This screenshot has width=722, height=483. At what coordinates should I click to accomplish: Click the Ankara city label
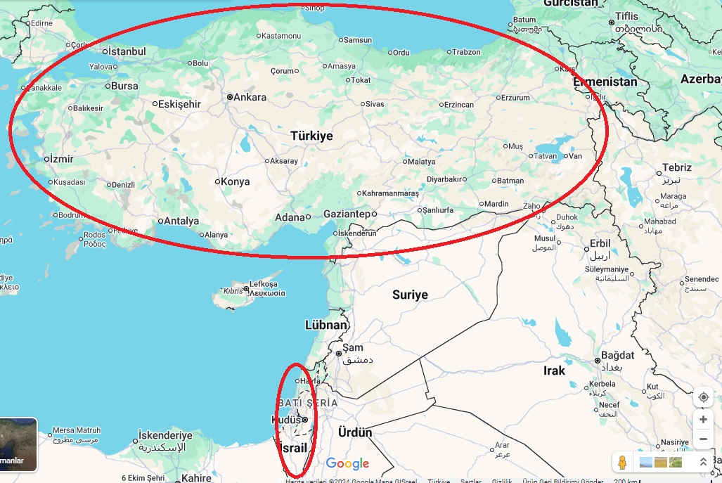[x=250, y=97]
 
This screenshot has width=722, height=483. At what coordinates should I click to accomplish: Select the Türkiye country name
[x=311, y=136]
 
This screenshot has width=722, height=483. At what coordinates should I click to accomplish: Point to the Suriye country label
[x=410, y=295]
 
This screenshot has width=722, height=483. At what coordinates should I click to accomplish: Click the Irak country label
[x=554, y=371]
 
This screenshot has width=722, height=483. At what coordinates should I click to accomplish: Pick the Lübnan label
[x=326, y=325]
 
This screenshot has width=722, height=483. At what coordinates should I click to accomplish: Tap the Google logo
[x=347, y=463]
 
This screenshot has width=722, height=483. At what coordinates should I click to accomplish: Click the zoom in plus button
[x=703, y=420]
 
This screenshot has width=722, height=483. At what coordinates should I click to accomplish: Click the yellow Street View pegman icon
[x=621, y=462]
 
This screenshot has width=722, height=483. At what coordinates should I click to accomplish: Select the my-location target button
[x=703, y=397]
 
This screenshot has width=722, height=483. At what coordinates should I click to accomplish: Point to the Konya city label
[x=235, y=181]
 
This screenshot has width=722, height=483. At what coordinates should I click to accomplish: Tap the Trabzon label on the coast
[x=465, y=52]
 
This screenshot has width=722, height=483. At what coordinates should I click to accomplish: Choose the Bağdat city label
[x=617, y=355]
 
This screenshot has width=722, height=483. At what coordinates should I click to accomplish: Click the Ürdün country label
[x=355, y=432]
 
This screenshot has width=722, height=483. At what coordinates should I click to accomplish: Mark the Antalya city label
[x=181, y=221]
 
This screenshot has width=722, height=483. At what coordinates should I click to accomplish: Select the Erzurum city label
[x=515, y=98]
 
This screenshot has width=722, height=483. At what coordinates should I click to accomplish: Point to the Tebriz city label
[x=676, y=167]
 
